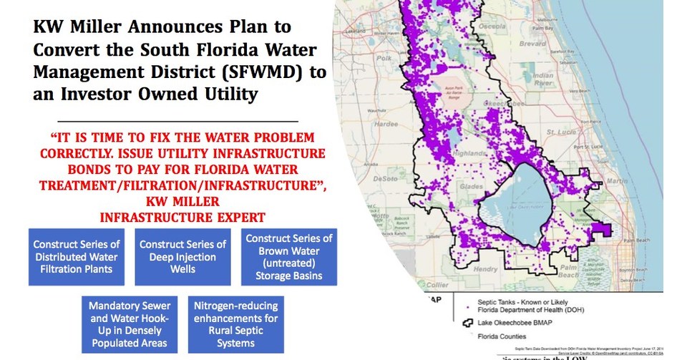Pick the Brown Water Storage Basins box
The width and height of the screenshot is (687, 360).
point(288,256)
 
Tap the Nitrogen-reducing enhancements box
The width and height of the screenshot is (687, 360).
point(235,324)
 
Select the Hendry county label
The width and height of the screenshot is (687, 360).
point(488,269)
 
